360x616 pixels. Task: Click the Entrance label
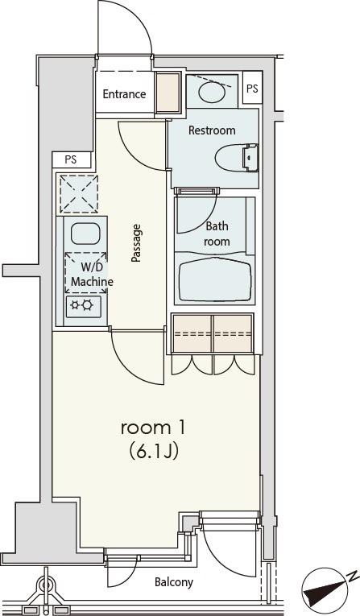point(124,94)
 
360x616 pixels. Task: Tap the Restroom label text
point(212,130)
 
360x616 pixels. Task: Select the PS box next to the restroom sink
point(252,88)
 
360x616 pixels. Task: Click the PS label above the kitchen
point(71,160)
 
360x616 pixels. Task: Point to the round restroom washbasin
point(212,93)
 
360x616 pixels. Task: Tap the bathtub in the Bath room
point(215,280)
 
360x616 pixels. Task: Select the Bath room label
point(217,234)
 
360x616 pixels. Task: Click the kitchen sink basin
point(85,234)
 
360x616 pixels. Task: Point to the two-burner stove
point(83,306)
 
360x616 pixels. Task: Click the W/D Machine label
point(92,275)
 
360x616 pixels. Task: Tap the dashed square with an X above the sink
point(79,194)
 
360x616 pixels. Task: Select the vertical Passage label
point(136,243)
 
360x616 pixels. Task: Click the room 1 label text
point(152,428)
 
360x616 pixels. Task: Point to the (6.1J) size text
point(154,452)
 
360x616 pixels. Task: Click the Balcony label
point(174,582)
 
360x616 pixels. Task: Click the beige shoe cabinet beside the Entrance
point(168,93)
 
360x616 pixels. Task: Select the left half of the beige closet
point(192,333)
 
